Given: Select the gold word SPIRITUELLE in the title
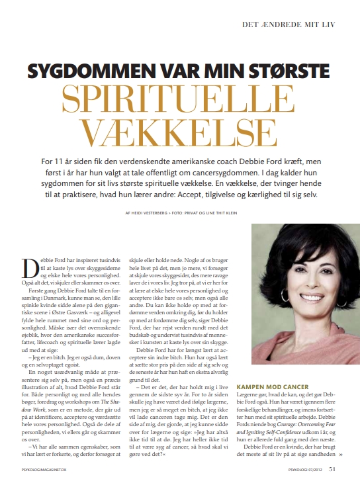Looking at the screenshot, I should pos(180,100).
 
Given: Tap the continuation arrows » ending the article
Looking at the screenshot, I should pos(340,455).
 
